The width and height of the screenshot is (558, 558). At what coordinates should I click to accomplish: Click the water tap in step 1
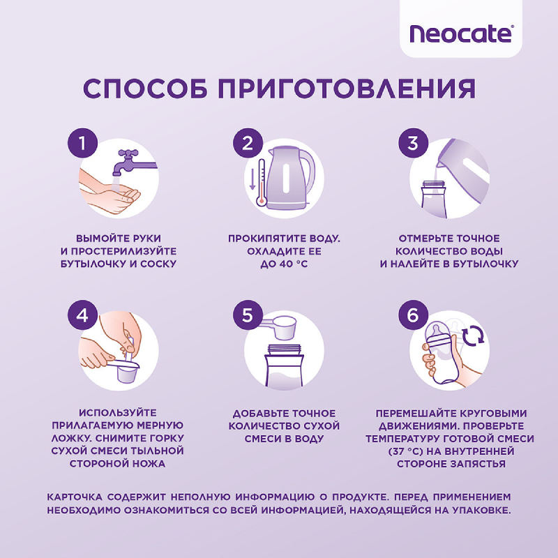click(133, 158)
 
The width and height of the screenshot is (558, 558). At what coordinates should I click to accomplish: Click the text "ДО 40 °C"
click(284, 264)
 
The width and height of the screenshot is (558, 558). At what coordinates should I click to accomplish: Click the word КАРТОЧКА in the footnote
click(75, 497)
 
